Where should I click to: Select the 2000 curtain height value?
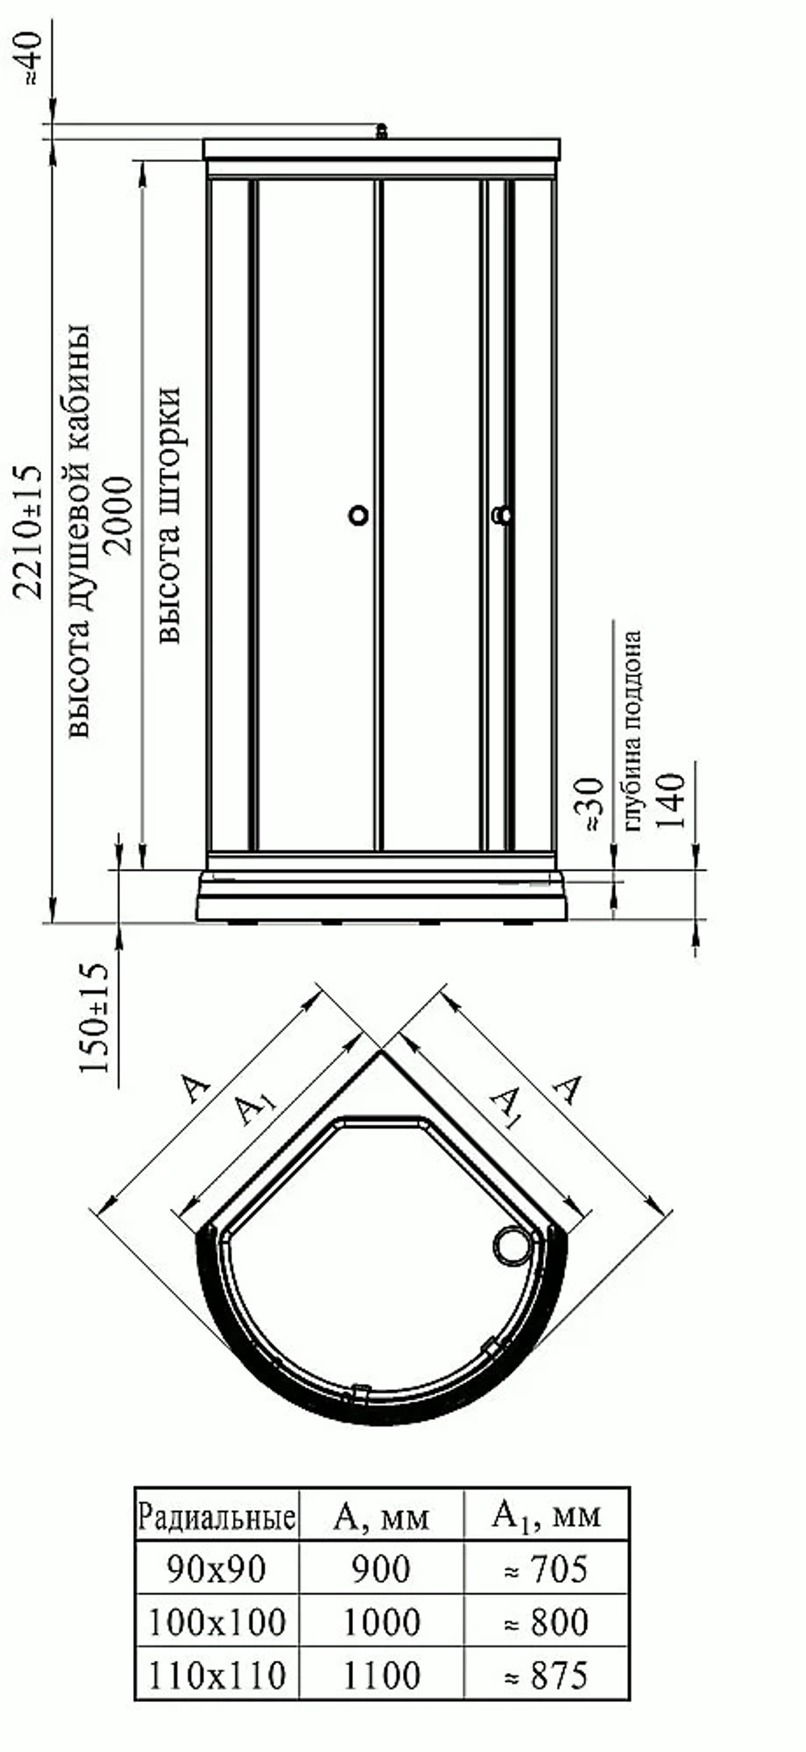tap(117, 515)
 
